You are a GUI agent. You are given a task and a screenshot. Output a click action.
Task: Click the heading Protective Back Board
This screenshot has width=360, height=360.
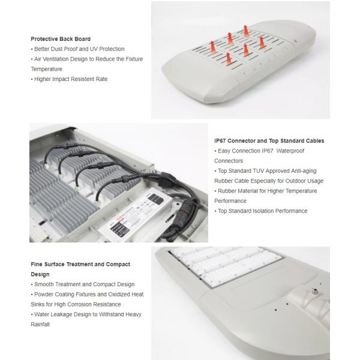pyautogui.click(x=61, y=39)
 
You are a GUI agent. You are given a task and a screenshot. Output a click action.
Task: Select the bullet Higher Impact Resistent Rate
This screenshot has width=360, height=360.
pyautogui.click(x=70, y=79)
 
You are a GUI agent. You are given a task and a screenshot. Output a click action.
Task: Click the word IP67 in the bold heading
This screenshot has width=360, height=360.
pyautogui.click(x=220, y=141)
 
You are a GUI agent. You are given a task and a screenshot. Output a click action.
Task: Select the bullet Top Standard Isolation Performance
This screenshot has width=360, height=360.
pyautogui.click(x=261, y=211)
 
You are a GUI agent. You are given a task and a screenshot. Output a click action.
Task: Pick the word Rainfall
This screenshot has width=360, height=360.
pyautogui.click(x=40, y=325)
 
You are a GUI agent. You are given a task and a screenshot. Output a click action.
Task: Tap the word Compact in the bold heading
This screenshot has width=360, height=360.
pyautogui.click(x=118, y=264)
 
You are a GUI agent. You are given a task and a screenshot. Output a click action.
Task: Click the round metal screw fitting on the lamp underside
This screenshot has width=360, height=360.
pyautogui.click(x=314, y=292)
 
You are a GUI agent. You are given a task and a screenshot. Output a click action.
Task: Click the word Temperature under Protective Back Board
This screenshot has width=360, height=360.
pyautogui.click(x=47, y=69)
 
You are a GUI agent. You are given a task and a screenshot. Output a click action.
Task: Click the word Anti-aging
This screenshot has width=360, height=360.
pyautogui.click(x=304, y=171)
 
